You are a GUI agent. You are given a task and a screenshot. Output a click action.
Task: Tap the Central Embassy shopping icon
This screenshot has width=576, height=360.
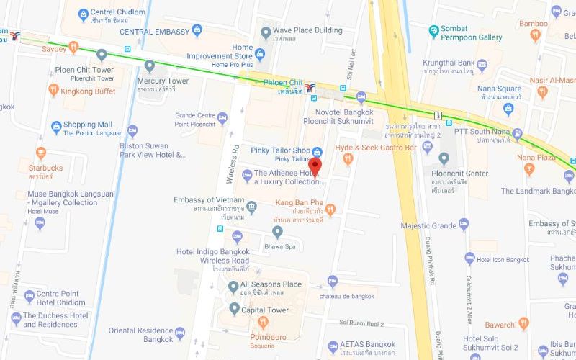197,32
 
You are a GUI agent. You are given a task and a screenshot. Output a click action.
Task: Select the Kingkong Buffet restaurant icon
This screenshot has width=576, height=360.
53,91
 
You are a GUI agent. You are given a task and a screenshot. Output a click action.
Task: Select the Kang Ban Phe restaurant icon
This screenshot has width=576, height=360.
330,210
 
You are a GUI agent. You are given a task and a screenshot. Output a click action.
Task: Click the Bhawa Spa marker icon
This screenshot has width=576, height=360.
277,231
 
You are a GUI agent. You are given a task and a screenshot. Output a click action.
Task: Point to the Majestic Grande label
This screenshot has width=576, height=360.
428,226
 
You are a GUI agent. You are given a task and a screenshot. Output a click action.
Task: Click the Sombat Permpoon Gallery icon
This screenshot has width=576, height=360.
433,32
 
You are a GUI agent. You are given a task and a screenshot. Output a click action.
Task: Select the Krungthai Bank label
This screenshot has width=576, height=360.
449,63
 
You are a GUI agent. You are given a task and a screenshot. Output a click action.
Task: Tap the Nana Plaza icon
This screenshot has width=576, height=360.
529,170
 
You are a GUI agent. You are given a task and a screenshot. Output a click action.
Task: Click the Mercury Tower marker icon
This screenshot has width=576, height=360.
149,66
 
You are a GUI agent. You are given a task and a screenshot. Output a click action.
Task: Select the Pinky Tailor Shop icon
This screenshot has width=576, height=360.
318,150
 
